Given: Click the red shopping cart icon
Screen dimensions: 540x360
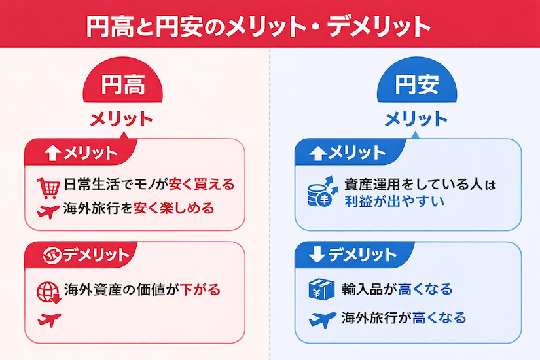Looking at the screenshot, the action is tap(48, 188).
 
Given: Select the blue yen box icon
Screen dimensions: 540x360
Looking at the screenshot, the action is tap(321, 289).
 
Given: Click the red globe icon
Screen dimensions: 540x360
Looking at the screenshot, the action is tap(48, 293).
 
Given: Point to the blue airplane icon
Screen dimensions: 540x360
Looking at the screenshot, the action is tap(322, 319).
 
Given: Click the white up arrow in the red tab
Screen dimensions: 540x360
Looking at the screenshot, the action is tap(53, 153).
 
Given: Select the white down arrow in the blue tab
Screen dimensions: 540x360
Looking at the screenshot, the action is tap(317, 255).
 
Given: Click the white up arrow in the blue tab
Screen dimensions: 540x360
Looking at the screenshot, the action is tap(317, 153).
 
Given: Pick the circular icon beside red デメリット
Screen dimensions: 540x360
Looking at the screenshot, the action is tap(52, 255).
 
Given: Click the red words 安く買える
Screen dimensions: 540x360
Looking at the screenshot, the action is tap(202, 185).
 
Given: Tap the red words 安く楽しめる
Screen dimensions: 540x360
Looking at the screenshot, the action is tap(174, 208).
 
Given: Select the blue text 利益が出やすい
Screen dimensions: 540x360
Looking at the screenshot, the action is tap(394, 202).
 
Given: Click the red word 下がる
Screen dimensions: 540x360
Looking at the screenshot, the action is tap(200, 289).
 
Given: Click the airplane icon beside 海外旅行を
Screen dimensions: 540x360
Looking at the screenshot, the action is tap(48, 211).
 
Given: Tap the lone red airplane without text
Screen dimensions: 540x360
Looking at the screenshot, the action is tap(49, 320).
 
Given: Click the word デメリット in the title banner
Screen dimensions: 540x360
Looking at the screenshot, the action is tap(379, 26).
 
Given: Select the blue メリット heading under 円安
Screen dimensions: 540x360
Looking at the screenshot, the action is tap(416, 119).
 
